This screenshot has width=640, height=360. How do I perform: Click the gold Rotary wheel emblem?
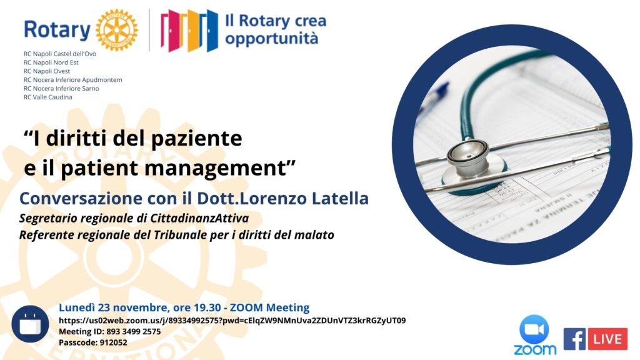click(x=117, y=30)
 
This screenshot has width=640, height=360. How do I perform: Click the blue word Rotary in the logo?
click(x=57, y=30)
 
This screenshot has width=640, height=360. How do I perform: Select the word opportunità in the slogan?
click(x=271, y=39)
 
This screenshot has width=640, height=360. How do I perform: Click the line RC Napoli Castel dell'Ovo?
click(x=60, y=54)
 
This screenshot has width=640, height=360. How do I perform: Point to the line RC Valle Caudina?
click(x=47, y=97)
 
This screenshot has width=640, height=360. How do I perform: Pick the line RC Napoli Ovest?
click(x=47, y=71)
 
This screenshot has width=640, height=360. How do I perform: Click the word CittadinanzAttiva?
click(x=199, y=218)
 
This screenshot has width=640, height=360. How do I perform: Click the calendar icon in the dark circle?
click(x=30, y=324)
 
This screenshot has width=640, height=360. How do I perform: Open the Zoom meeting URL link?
click(x=232, y=321)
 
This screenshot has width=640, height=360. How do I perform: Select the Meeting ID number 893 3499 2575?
click(x=134, y=332)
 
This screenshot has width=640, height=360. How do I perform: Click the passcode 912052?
click(x=114, y=343)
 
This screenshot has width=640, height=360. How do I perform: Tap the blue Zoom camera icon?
click(x=534, y=329)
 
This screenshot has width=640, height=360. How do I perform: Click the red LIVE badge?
click(x=607, y=339)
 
